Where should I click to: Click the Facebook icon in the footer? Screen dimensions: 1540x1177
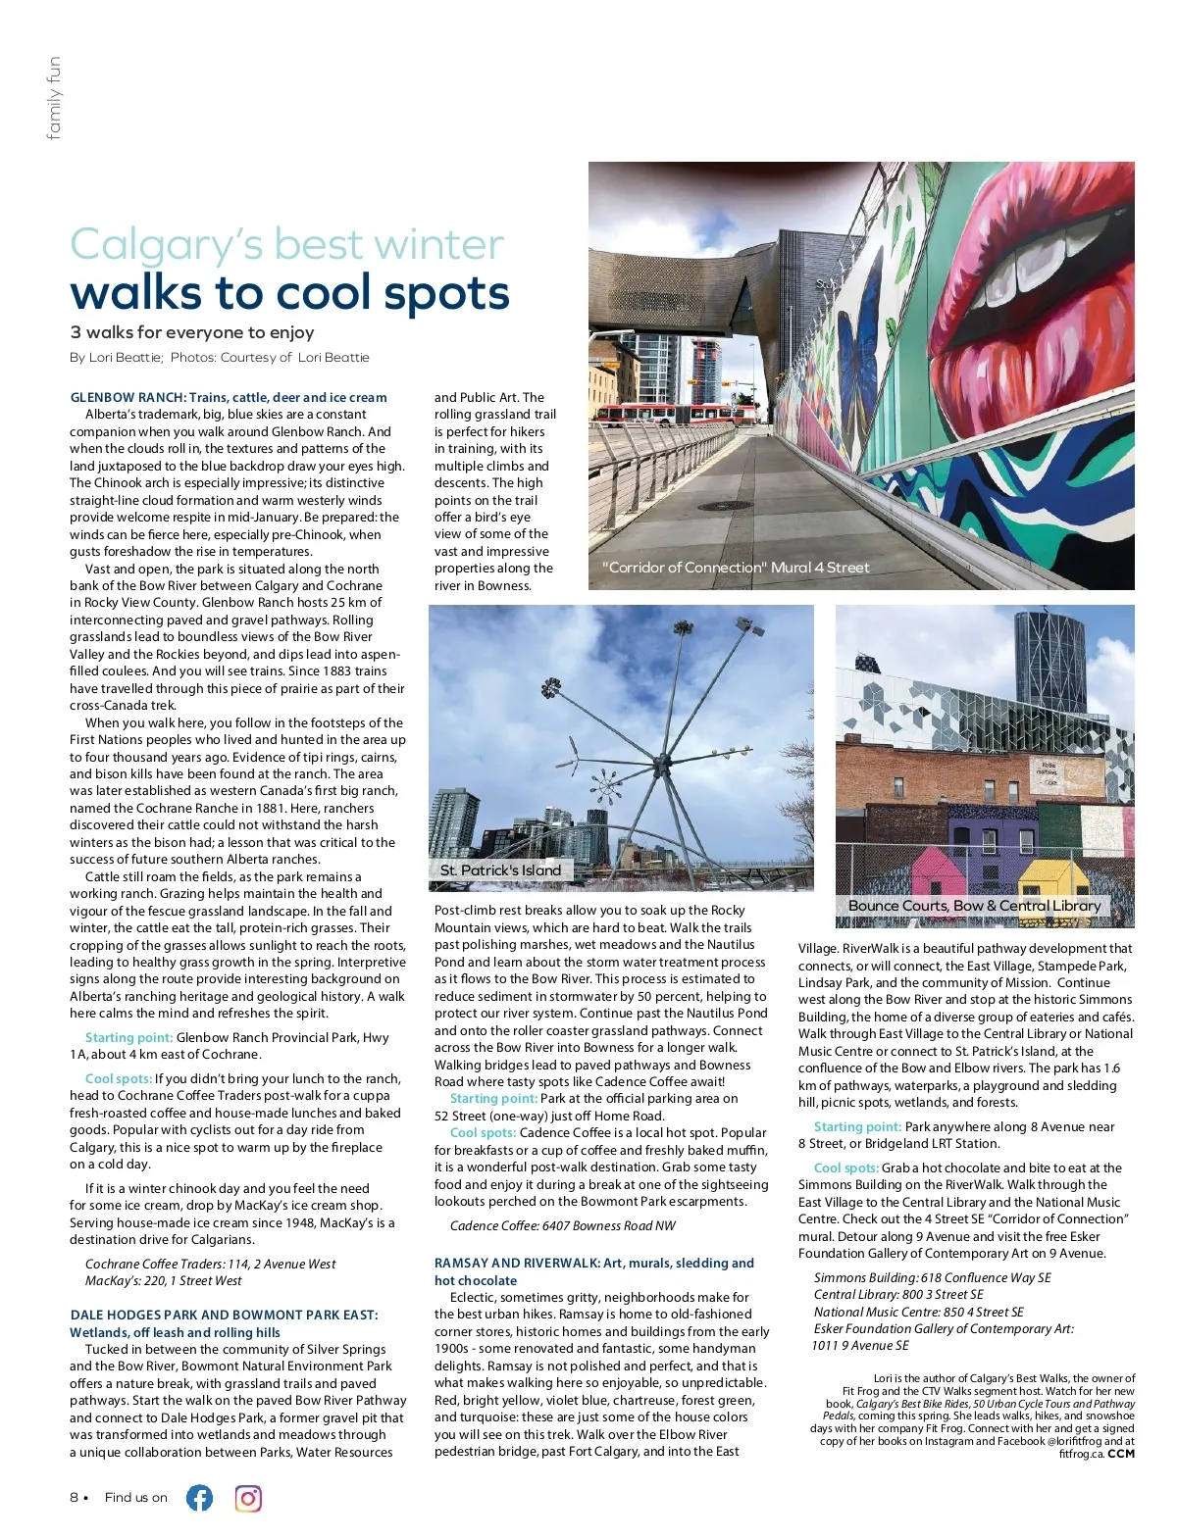coord(199,1498)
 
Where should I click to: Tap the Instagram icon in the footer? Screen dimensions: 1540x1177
coord(248,1498)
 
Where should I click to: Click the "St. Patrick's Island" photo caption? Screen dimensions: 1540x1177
coord(500,869)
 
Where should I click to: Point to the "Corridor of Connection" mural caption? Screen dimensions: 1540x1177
coord(736,568)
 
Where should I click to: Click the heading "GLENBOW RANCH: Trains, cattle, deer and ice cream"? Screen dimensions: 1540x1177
coord(229,397)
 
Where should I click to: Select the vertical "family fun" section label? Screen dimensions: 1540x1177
coord(54,98)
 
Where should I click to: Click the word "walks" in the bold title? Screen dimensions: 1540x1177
coord(148,293)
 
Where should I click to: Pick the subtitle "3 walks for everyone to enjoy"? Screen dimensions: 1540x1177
coord(192,332)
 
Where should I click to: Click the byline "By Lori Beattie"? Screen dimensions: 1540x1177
coord(116,358)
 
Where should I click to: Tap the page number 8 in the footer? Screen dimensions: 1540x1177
coord(75,1498)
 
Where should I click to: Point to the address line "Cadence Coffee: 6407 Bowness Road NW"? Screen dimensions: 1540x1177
coord(562,1225)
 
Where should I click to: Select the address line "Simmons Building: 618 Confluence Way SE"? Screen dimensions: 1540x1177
coord(932,1277)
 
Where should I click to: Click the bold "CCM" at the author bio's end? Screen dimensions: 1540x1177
coord(1121,1454)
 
